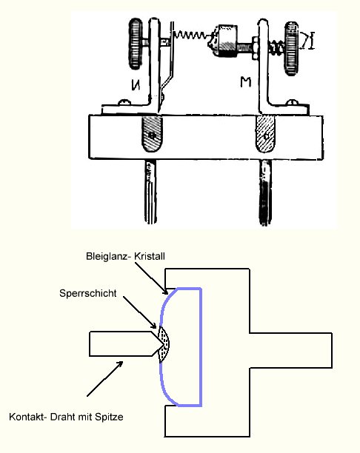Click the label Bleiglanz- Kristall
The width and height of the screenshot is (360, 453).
click(125, 256)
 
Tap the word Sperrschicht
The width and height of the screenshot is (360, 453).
click(88, 293)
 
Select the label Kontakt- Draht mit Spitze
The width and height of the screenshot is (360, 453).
click(66, 417)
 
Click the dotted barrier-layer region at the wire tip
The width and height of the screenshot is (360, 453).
click(164, 344)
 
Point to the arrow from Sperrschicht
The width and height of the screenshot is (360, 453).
click(140, 312)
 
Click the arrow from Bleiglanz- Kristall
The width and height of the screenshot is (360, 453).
click(151, 278)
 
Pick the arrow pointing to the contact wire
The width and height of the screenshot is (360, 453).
click(105, 378)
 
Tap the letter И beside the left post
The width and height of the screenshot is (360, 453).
click(136, 84)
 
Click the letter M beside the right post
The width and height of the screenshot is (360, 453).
click(245, 82)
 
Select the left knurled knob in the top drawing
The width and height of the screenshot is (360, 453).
click(136, 44)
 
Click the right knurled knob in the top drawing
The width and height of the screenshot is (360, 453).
click(292, 48)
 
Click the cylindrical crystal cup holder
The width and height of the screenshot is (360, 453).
click(227, 41)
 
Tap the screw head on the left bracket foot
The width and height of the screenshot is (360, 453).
click(124, 101)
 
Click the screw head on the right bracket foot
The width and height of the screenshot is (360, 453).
click(291, 102)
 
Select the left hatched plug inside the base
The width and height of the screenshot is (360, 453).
click(152, 134)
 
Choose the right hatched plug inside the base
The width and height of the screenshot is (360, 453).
click(265, 134)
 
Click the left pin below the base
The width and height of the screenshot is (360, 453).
click(150, 192)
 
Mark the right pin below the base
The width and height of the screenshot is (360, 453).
click(265, 192)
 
